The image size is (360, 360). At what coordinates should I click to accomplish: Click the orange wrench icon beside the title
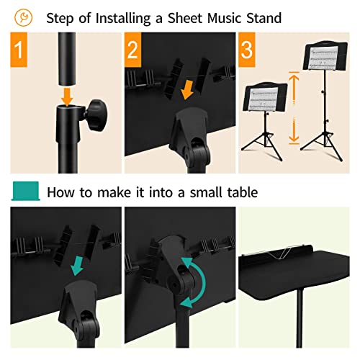point(24,15)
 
